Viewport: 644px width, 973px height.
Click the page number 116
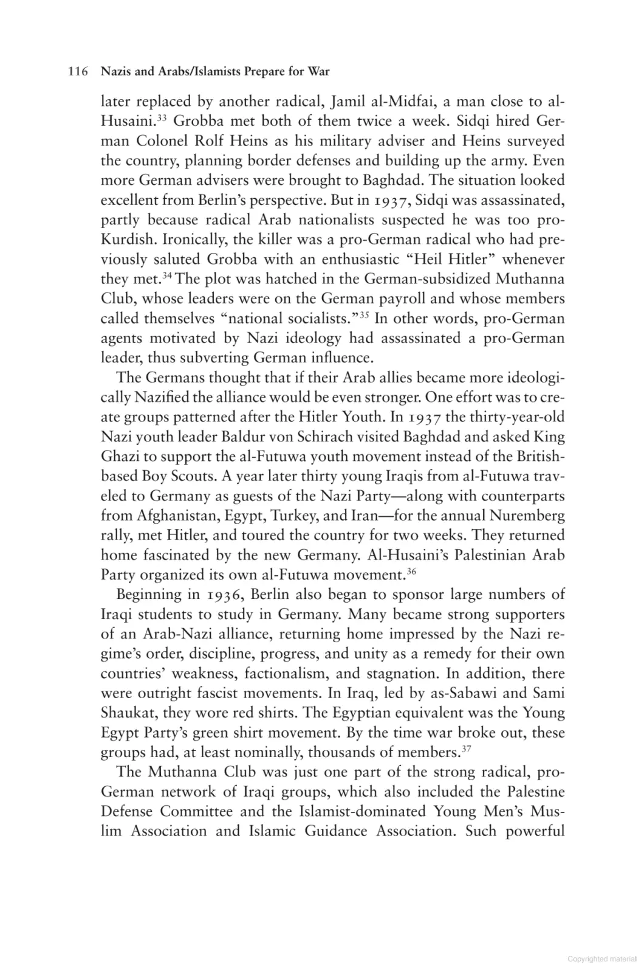(x=77, y=72)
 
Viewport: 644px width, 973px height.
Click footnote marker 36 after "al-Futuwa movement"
(x=411, y=570)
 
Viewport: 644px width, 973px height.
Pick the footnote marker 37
(x=467, y=748)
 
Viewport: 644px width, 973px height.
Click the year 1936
(x=223, y=595)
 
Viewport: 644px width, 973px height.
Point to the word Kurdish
(x=127, y=240)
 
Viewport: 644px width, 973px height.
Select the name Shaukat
(x=127, y=713)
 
